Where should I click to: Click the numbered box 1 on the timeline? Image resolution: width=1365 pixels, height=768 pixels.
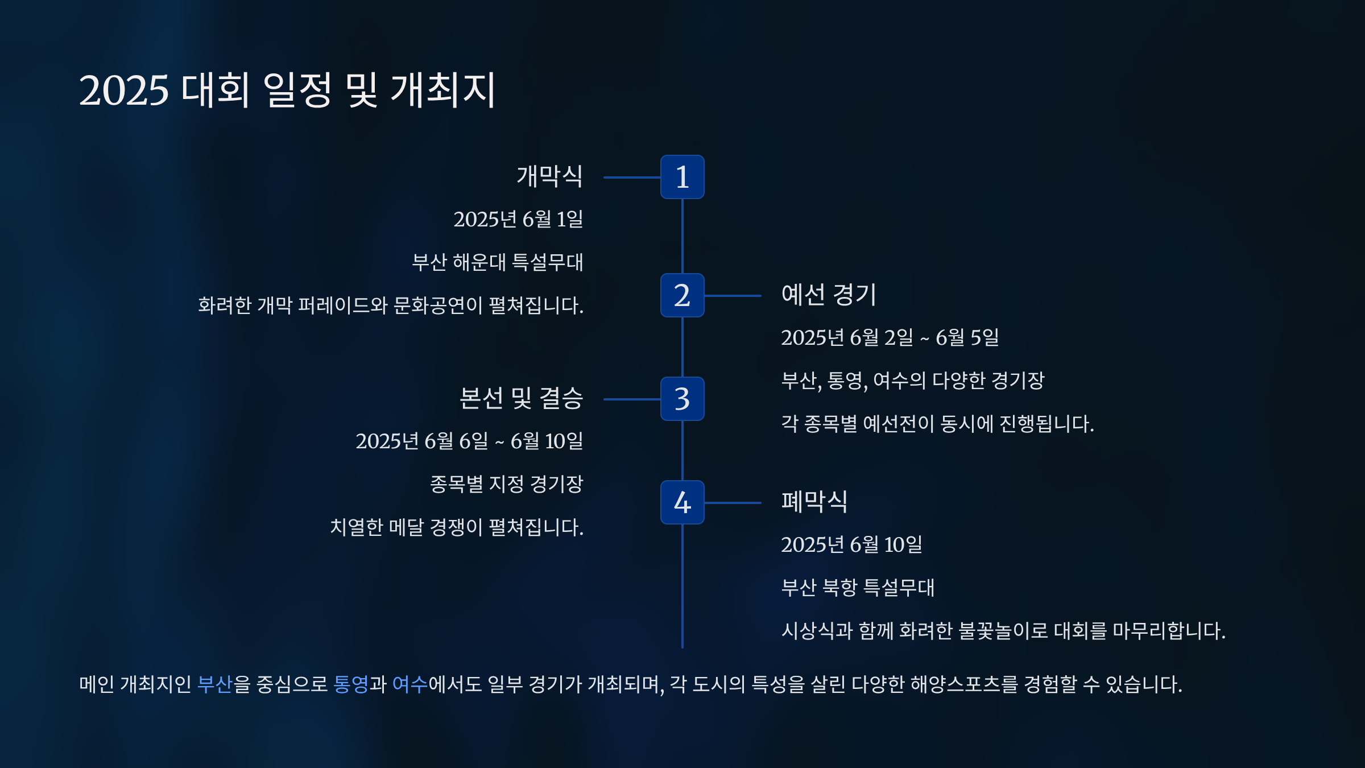coord(682,177)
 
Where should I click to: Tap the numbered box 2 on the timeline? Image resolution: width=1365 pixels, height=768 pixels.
coord(682,295)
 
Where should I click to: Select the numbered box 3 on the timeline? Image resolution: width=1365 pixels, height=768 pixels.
coord(682,399)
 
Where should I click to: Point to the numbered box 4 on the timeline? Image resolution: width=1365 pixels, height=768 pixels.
coord(682,502)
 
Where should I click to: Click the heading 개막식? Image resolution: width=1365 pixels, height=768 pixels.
coord(549,176)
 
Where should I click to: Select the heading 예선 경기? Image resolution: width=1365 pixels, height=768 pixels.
coord(829,295)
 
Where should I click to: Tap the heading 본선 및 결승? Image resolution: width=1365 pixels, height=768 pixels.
coord(521,398)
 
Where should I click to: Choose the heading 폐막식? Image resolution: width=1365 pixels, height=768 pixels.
coord(814,502)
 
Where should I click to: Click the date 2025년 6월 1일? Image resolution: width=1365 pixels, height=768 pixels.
coord(518,219)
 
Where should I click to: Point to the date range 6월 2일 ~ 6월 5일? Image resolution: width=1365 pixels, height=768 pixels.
coord(890,337)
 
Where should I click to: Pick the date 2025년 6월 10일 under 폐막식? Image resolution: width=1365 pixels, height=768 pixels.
coord(851,544)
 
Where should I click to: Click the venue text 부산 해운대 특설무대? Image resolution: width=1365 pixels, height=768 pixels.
coord(498,262)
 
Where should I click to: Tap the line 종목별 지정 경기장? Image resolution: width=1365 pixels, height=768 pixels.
coord(506,484)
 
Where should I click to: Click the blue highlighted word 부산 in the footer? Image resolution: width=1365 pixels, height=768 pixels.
coord(215,684)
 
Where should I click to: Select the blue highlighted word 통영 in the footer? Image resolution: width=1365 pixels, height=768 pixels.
coord(351,684)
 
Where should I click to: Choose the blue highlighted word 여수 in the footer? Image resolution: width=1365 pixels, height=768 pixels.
coord(409,684)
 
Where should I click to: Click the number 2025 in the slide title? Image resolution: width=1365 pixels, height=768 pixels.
coord(124,90)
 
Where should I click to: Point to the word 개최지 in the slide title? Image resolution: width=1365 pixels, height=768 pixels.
coord(444,90)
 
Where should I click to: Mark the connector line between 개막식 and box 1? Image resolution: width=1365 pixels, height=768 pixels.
coord(631,177)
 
